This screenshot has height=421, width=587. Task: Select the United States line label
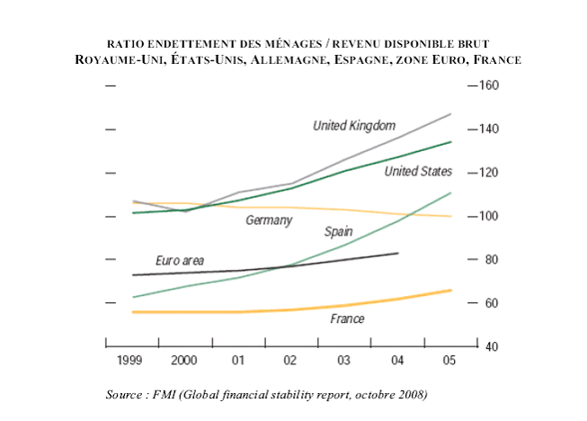tap(418, 172)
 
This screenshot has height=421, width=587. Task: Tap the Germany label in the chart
tap(269, 220)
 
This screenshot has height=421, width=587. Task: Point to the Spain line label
tap(338, 231)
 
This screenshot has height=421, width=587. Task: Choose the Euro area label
tap(180, 261)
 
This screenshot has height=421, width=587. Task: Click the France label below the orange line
tap(346, 318)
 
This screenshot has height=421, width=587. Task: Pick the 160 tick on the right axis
tap(486, 86)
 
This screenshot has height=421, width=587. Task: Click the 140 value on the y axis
tap(486, 130)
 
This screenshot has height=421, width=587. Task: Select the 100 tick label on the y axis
tap(486, 217)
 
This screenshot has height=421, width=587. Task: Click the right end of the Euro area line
tap(398, 254)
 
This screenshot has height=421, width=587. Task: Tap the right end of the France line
tap(451, 290)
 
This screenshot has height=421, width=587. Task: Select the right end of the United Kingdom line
tap(451, 114)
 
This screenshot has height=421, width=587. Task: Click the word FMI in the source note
tap(162, 394)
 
